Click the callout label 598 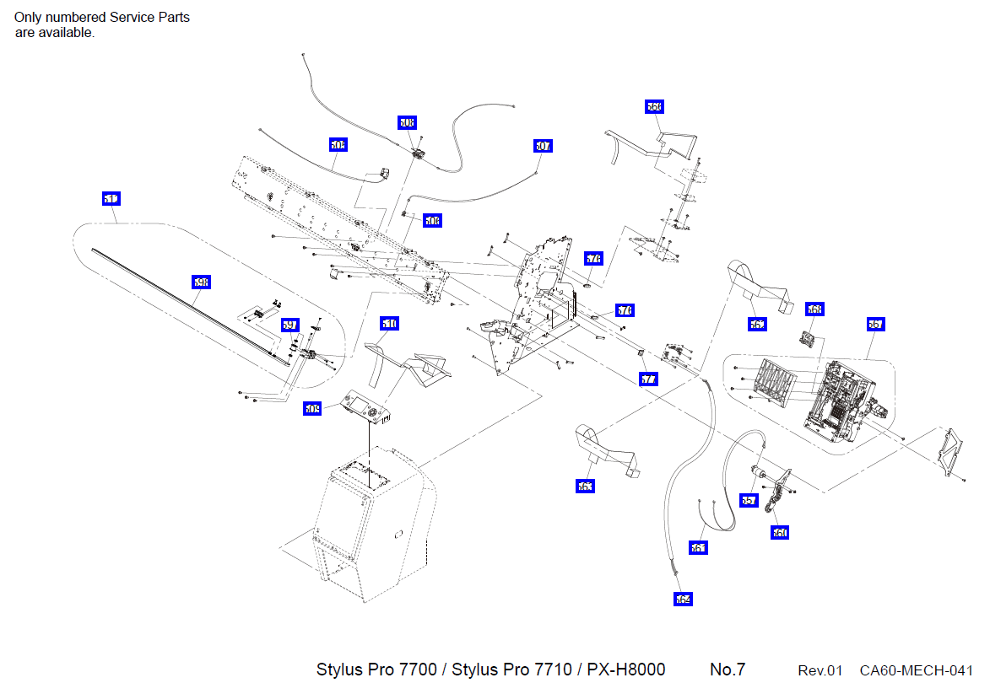pyautogui.click(x=201, y=282)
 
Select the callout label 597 pyautogui.click(x=289, y=325)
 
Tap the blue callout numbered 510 pyautogui.click(x=389, y=324)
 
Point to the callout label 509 pyautogui.click(x=312, y=409)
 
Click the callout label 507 pyautogui.click(x=543, y=146)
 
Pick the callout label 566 pyautogui.click(x=654, y=106)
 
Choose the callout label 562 pyautogui.click(x=757, y=324)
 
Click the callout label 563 pyautogui.click(x=585, y=487)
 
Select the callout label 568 pyautogui.click(x=814, y=309)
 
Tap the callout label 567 pyautogui.click(x=875, y=324)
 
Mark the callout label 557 pyautogui.click(x=749, y=500)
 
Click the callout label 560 pyautogui.click(x=780, y=533)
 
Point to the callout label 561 pyautogui.click(x=698, y=548)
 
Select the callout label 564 pyautogui.click(x=683, y=600)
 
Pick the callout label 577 pyautogui.click(x=648, y=379)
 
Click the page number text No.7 pyautogui.click(x=727, y=670)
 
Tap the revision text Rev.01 pyautogui.click(x=820, y=670)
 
